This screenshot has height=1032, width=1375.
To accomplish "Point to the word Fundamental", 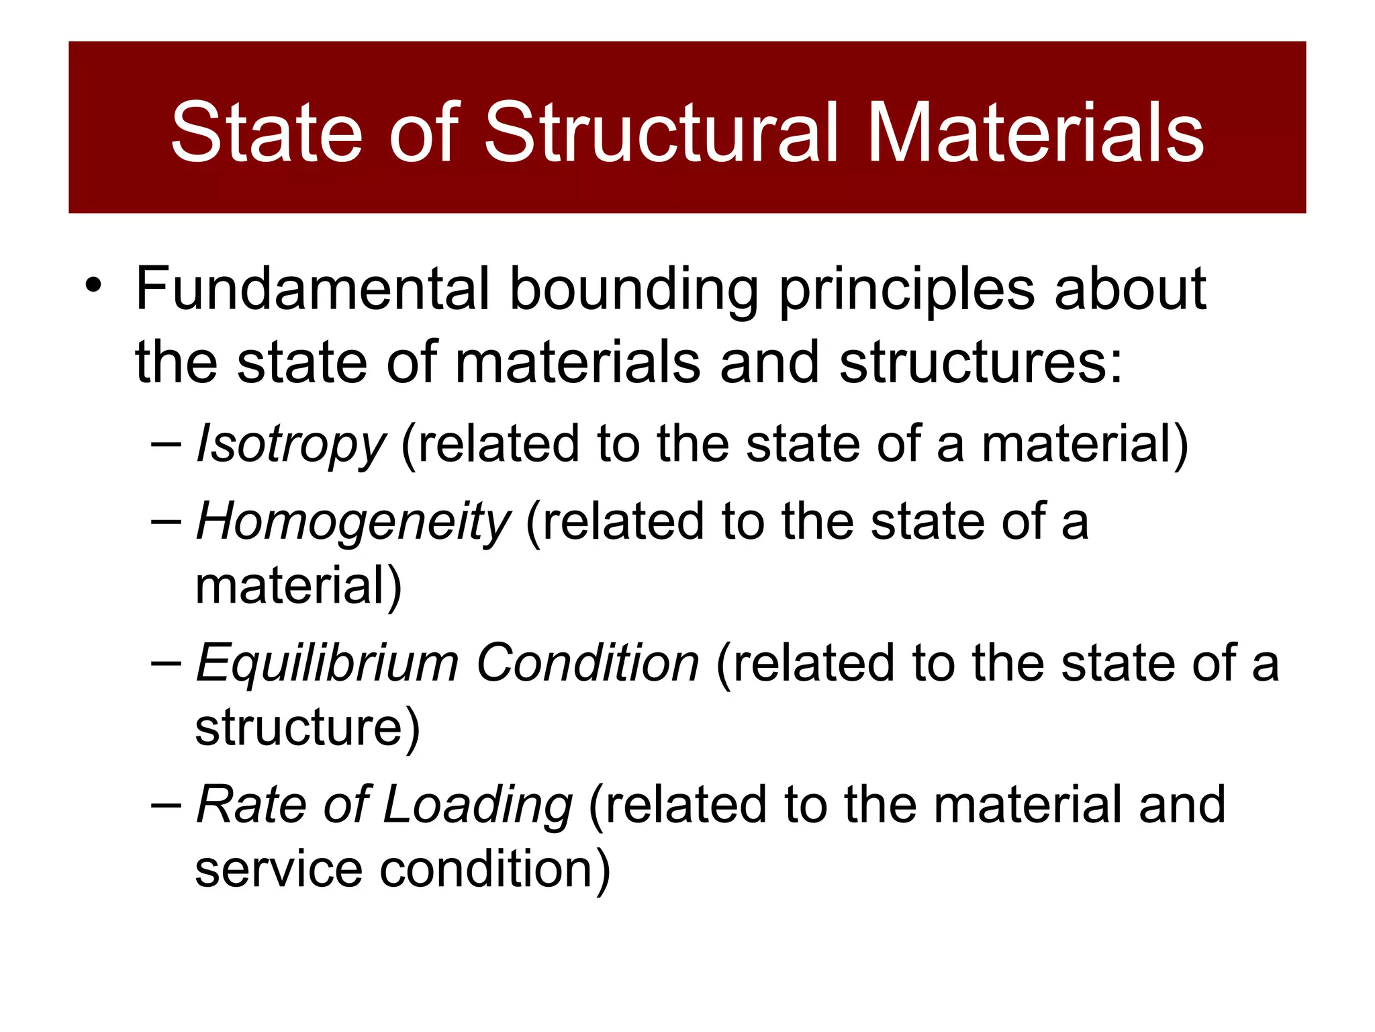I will point(313,290).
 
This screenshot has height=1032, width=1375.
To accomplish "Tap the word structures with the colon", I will point(981,363).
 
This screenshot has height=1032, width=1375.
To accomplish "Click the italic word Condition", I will point(588,663).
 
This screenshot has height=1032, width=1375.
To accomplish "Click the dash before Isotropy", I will point(167,444).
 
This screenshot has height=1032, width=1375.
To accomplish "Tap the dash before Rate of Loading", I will point(167,805).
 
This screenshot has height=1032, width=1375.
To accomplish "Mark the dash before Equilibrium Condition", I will point(167,663).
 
